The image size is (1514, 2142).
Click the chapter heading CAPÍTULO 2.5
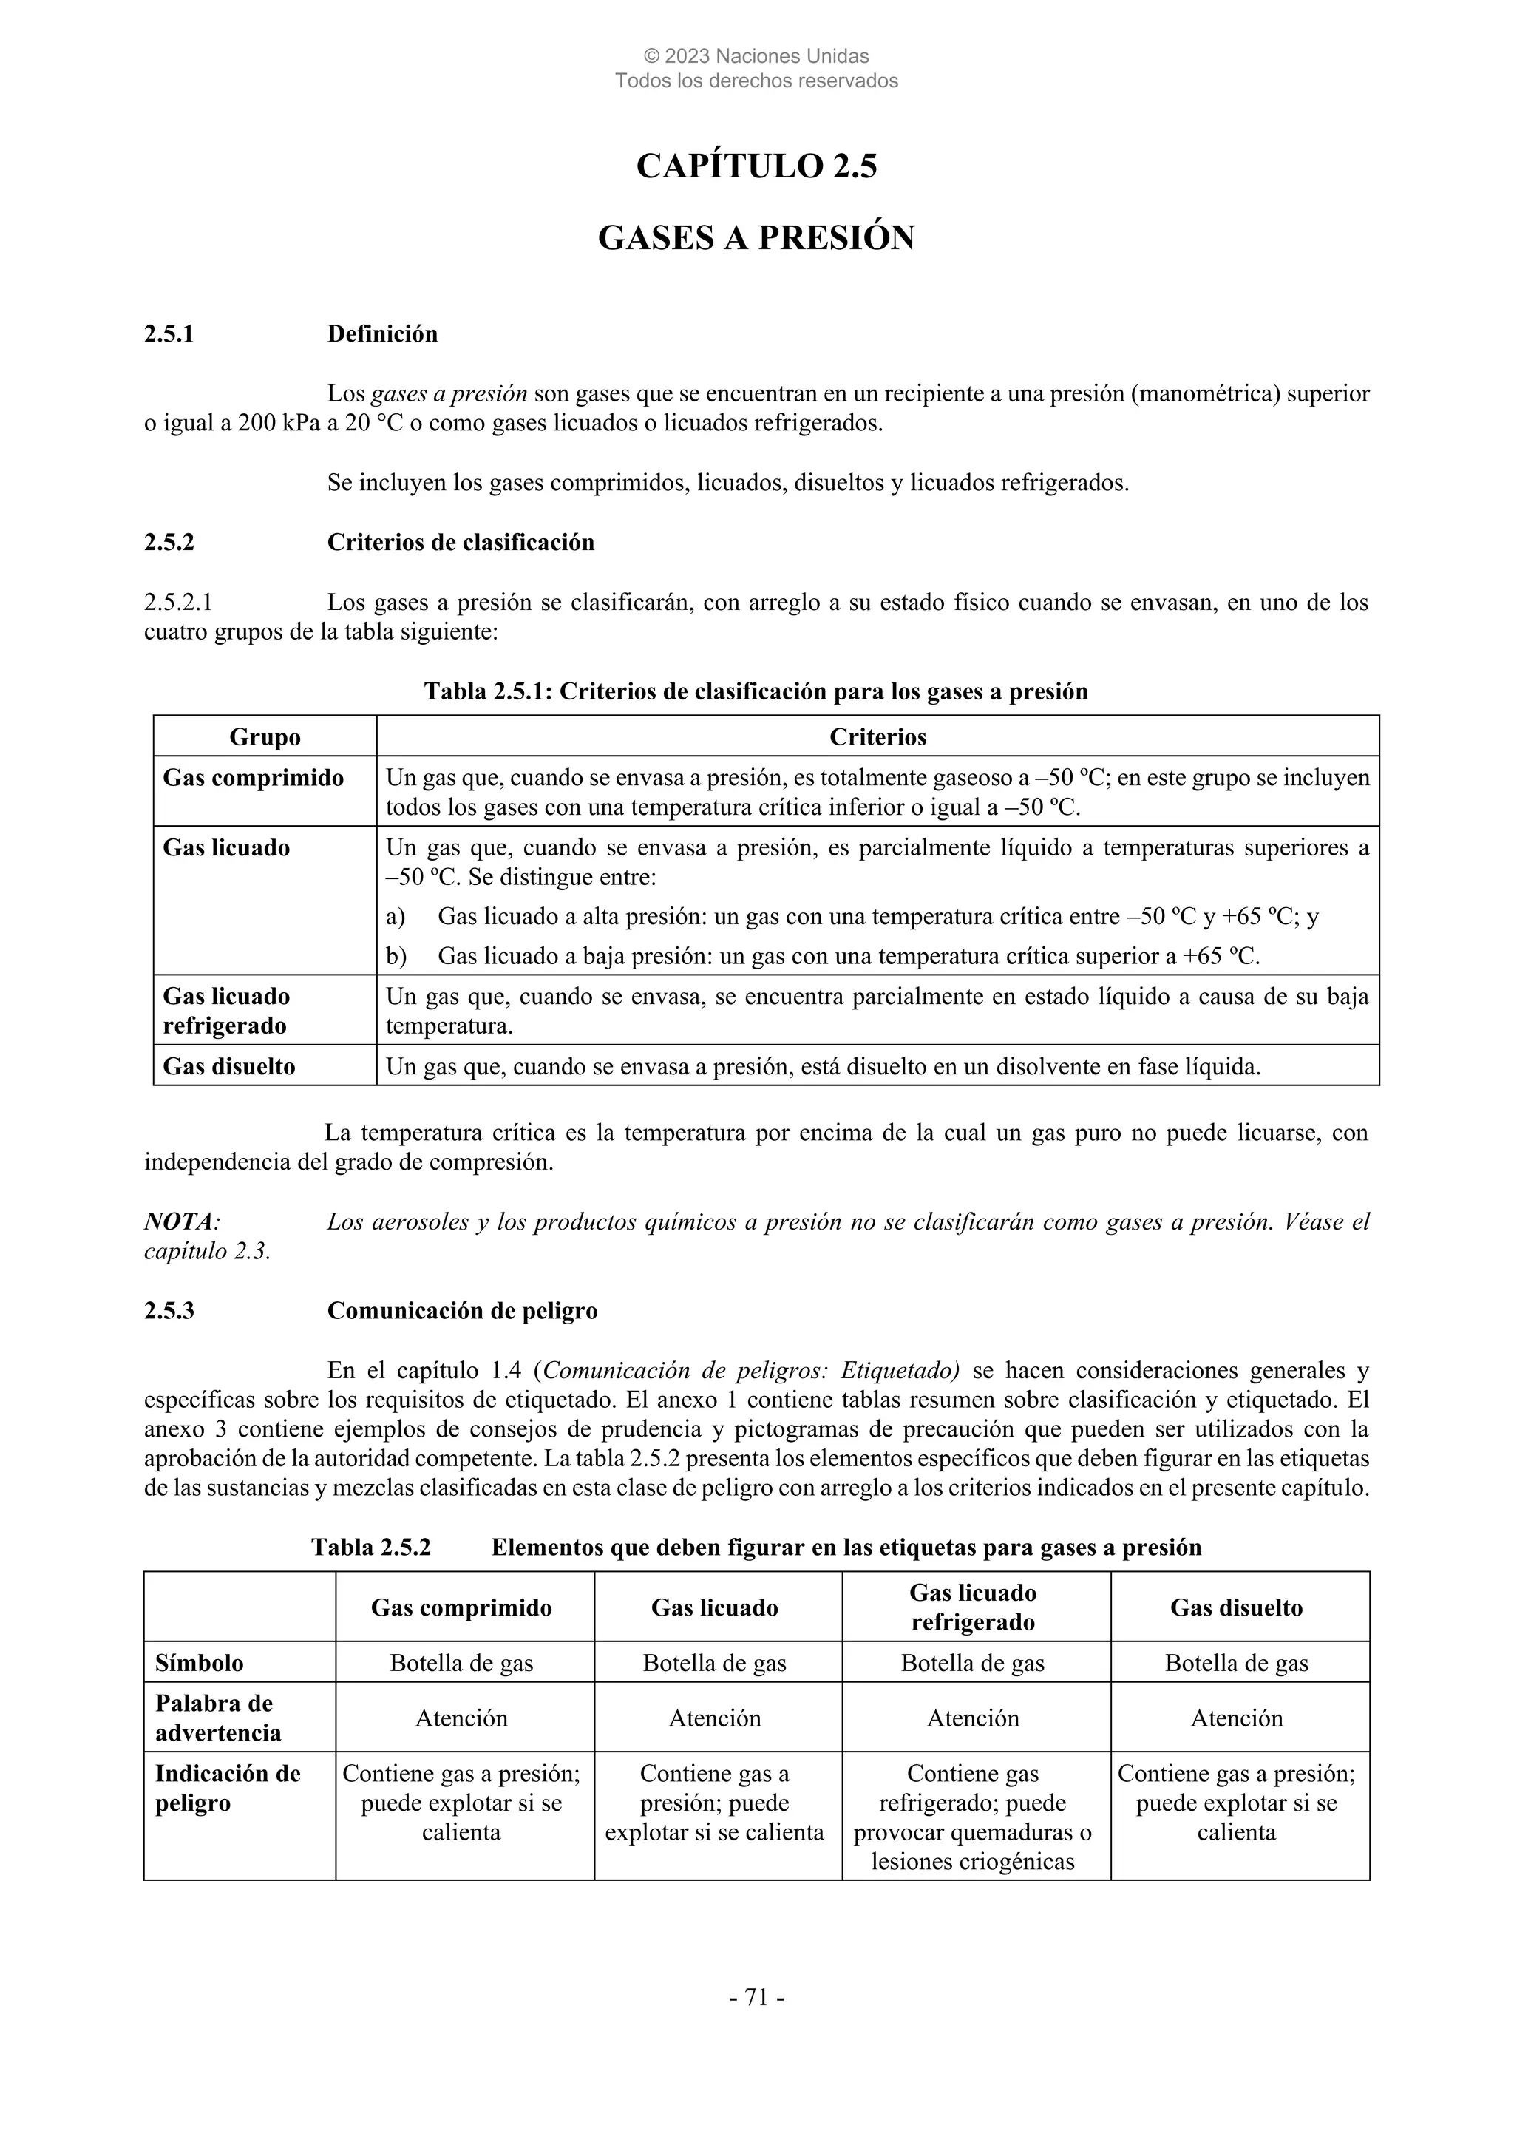point(756,166)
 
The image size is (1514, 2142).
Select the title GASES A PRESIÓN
point(756,238)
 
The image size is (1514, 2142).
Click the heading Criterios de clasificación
point(460,542)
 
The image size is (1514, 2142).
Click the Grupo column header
point(265,737)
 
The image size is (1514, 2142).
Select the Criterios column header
point(877,737)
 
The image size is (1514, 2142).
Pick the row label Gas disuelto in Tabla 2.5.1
point(228,1066)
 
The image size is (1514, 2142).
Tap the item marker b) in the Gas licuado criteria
point(396,956)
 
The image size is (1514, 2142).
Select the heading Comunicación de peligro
point(462,1311)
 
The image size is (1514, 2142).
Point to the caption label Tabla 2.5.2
point(370,1548)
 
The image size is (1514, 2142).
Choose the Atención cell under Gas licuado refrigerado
point(972,1718)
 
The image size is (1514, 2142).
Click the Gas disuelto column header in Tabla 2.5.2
point(1236,1607)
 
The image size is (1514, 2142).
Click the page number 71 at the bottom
point(756,1997)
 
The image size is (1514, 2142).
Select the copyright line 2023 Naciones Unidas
point(756,57)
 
